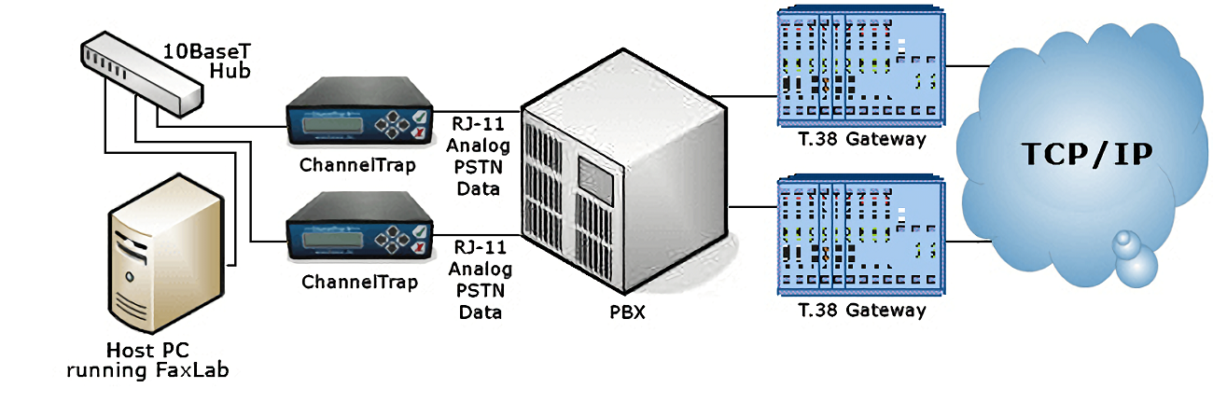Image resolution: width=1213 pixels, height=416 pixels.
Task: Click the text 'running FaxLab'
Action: [x=147, y=371]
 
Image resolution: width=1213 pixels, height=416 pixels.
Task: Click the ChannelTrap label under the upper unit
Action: [x=359, y=165]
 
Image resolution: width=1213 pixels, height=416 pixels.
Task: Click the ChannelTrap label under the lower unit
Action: [x=359, y=281]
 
